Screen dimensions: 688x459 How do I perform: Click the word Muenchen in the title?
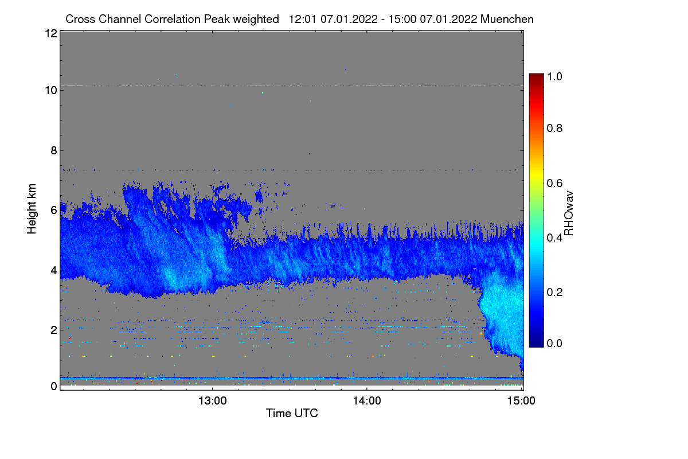pyautogui.click(x=507, y=20)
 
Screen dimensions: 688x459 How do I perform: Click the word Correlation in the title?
pyautogui.click(x=173, y=20)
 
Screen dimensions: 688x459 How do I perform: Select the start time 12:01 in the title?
pyautogui.click(x=303, y=20)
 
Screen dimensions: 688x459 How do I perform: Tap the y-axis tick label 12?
pyautogui.click(x=51, y=33)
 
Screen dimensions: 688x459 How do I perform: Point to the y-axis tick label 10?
pyautogui.click(x=51, y=91)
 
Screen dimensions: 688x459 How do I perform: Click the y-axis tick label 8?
pyautogui.click(x=54, y=151)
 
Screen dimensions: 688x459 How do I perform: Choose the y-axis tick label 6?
pyautogui.click(x=54, y=211)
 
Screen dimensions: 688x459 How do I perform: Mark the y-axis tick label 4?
pyautogui.click(x=54, y=271)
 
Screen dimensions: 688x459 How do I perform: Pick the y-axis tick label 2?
pyautogui.click(x=54, y=330)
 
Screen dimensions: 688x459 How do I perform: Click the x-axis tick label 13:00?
pyautogui.click(x=213, y=401)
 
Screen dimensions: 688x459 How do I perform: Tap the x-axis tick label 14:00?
pyautogui.click(x=367, y=401)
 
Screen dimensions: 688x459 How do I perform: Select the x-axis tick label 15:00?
pyautogui.click(x=521, y=401)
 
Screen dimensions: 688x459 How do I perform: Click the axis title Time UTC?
pyautogui.click(x=292, y=413)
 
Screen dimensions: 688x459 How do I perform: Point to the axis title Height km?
pyautogui.click(x=32, y=209)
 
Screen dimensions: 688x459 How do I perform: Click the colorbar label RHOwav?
pyautogui.click(x=569, y=213)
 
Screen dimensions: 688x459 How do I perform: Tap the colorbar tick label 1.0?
pyautogui.click(x=554, y=76)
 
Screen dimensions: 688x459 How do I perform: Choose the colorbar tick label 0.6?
pyautogui.click(x=554, y=183)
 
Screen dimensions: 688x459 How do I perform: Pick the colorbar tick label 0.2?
pyautogui.click(x=554, y=292)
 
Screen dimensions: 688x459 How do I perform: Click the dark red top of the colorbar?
pyautogui.click(x=536, y=76)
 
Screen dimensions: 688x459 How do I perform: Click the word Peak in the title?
pyautogui.click(x=217, y=20)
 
